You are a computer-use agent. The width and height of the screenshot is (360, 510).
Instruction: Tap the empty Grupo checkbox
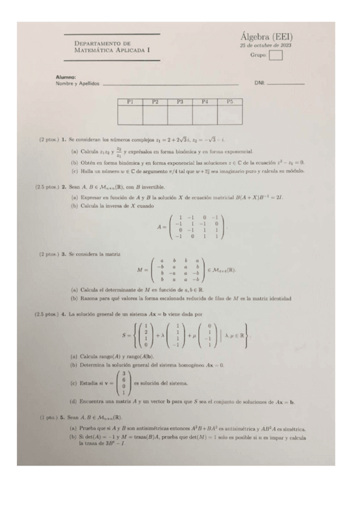(276, 56)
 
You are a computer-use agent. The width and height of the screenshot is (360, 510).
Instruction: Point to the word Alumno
(66, 77)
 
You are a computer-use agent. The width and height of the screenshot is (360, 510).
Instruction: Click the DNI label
(259, 83)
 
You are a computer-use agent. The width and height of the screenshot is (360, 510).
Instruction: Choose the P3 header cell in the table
(180, 102)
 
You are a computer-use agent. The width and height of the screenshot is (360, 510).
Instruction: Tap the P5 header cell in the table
(230, 102)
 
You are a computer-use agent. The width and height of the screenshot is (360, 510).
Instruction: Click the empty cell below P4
(205, 115)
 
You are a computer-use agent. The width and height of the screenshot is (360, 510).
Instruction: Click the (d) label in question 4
(74, 401)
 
